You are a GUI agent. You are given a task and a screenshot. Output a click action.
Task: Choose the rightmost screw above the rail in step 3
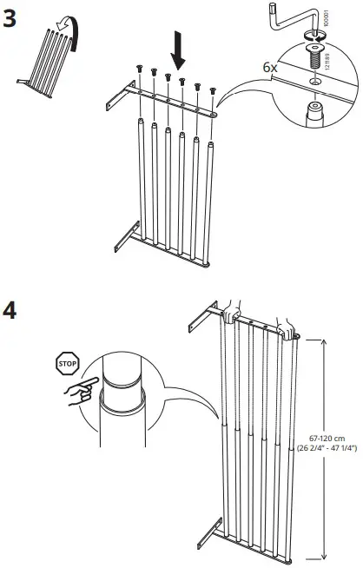click(x=211, y=91)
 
